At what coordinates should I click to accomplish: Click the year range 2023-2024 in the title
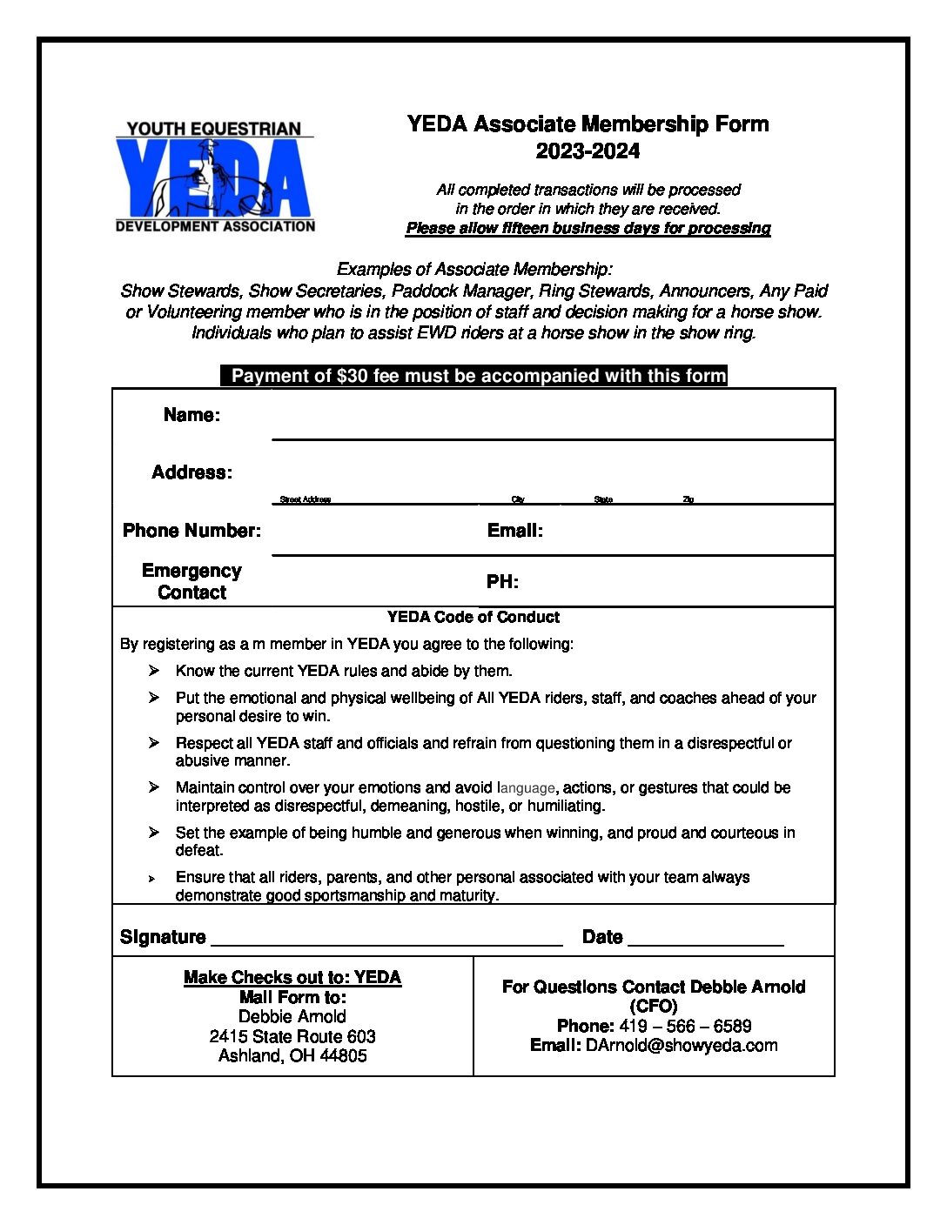(x=588, y=151)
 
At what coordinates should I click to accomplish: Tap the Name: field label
(x=191, y=415)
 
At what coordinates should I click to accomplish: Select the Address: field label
(x=191, y=472)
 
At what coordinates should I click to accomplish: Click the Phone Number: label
(x=191, y=531)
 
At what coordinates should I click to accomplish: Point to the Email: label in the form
(x=514, y=531)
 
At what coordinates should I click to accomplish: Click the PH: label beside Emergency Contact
(x=502, y=582)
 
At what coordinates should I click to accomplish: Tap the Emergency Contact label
(x=191, y=581)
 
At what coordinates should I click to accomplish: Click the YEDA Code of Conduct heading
(x=473, y=617)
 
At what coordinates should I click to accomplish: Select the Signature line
(x=386, y=940)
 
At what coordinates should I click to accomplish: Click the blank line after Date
(x=705, y=940)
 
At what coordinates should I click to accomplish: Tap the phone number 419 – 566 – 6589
(x=685, y=1026)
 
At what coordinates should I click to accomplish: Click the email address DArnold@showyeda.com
(x=682, y=1045)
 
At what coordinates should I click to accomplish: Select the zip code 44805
(x=343, y=1055)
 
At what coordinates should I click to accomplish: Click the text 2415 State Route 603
(x=292, y=1036)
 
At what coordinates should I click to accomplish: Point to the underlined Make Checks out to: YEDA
(x=292, y=977)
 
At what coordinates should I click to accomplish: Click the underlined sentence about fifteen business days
(x=588, y=228)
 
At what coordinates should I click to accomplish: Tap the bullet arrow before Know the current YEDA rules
(x=154, y=671)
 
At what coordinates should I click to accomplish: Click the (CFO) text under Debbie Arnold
(x=653, y=1006)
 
